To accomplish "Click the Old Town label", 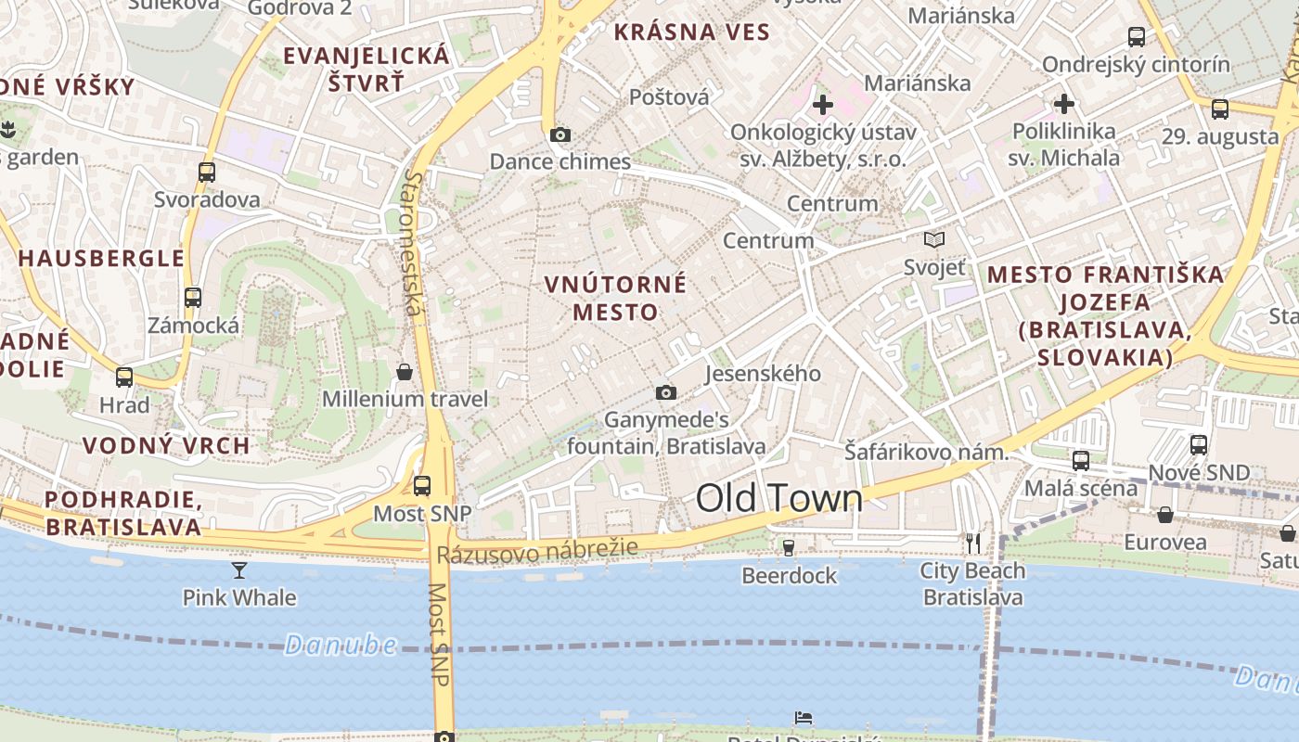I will pos(778,499).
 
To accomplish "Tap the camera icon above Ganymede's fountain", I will pos(665,392).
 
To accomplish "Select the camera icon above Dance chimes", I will pos(559,134).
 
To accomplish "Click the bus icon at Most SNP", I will pos(422,485).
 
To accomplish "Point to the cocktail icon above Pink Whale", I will pos(239,569).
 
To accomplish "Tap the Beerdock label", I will pos(789,576).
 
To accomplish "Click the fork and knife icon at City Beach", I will pos(972,543).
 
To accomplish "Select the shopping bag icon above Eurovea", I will pos(1165,515).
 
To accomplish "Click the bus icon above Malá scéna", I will pos(1080,460).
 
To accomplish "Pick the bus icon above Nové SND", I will pos(1199,444).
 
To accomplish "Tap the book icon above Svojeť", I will pos(934,240).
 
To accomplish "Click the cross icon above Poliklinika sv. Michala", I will pos(1063,103).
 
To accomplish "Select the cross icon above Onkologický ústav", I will pos(822,105).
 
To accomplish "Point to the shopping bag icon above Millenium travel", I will pos(405,372).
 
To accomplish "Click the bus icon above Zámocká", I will pos(193,298).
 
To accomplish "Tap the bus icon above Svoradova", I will pos(207,172).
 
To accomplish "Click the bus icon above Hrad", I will pos(124,377).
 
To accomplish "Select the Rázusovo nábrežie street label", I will pos(537,551).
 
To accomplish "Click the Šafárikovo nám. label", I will pos(926,453).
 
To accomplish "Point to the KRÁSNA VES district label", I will pos(692,32).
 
